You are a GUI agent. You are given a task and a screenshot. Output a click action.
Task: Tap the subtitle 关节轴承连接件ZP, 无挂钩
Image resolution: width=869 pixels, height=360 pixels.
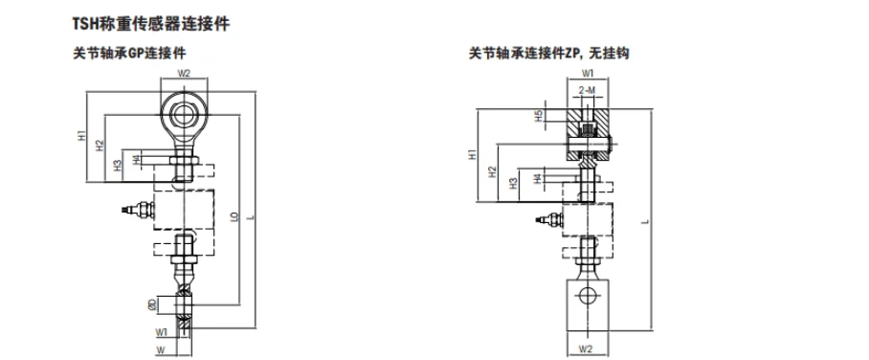[548, 55]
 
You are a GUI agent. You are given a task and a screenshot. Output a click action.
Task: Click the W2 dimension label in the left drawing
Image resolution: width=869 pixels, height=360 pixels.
[185, 73]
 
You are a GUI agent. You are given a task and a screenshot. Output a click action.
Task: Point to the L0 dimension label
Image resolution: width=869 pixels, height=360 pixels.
[235, 217]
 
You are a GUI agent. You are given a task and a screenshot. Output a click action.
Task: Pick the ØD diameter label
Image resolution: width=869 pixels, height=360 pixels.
[151, 304]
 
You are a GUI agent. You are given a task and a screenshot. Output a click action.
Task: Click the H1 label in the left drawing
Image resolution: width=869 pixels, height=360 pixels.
[83, 136]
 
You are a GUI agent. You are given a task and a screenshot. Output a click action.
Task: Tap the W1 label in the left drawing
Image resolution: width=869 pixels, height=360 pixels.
[163, 332]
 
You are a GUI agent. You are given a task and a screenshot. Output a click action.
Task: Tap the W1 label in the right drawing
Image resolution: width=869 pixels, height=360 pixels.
[588, 73]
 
